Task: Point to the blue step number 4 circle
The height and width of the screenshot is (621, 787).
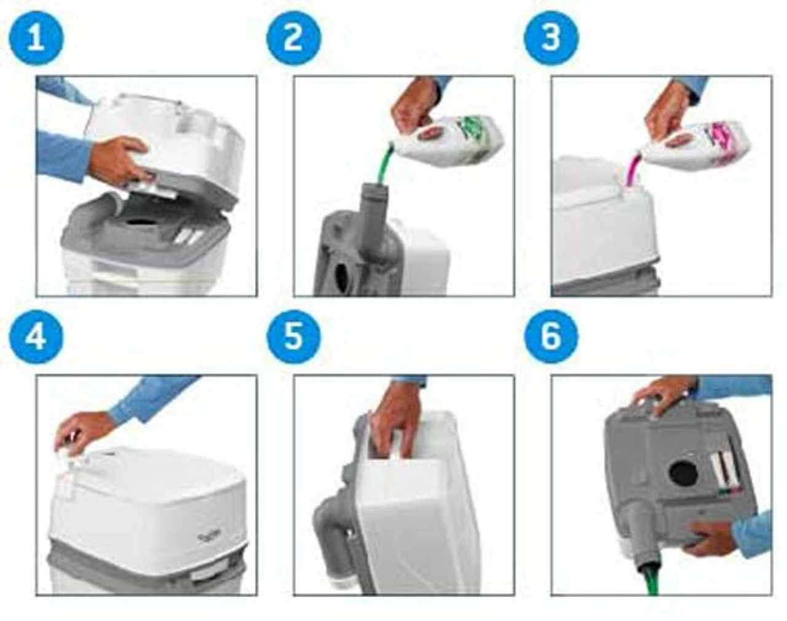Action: point(36,336)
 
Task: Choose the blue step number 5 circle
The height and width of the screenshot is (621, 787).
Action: point(293,336)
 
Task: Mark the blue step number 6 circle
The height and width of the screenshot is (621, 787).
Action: point(550,336)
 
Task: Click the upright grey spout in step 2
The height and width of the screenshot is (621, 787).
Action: point(373,209)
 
